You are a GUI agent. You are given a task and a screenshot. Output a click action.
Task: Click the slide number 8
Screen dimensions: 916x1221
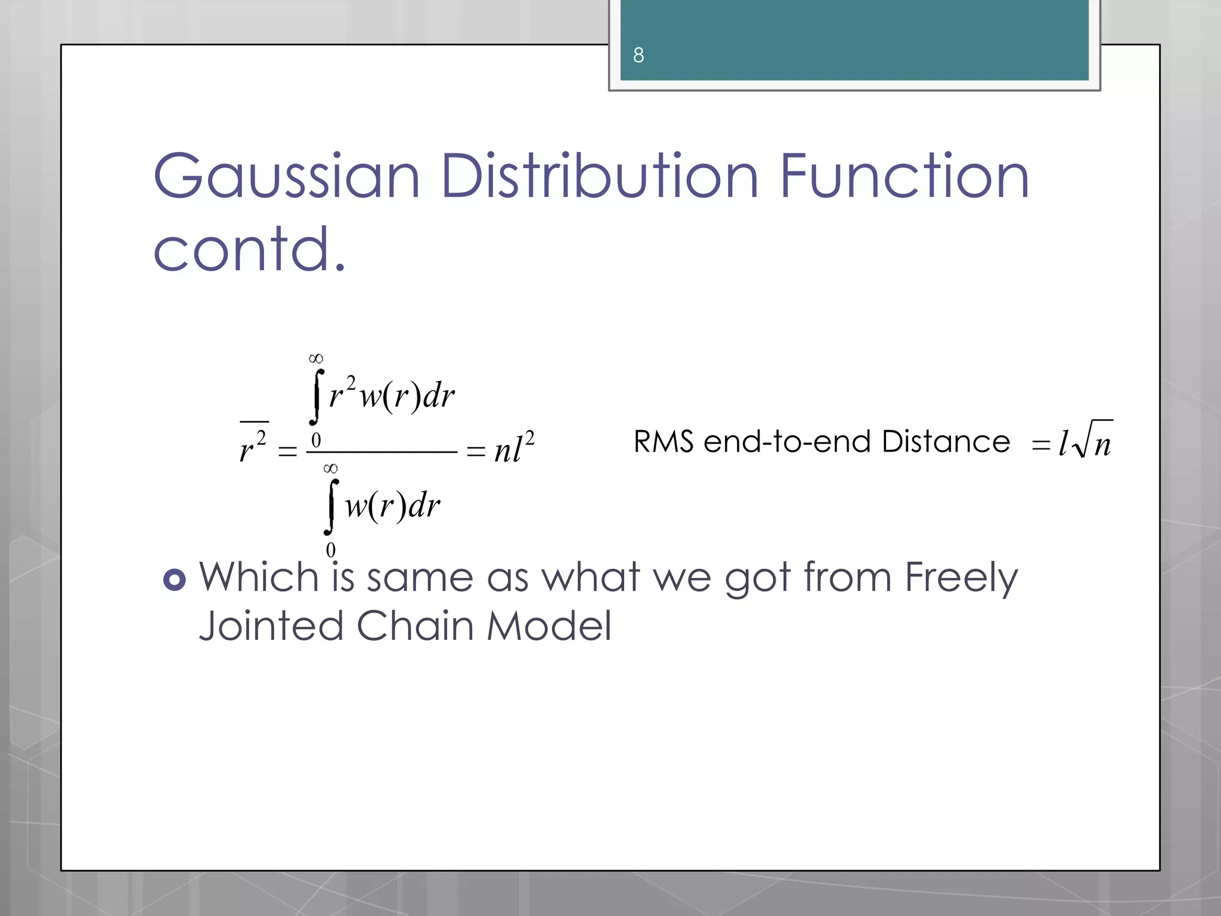[x=639, y=55]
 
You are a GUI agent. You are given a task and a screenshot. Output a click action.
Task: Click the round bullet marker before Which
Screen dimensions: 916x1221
[x=174, y=580]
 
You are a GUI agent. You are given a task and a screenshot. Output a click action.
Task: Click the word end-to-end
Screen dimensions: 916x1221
[x=788, y=442]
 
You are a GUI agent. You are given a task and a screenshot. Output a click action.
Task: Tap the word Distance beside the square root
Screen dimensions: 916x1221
[x=946, y=442]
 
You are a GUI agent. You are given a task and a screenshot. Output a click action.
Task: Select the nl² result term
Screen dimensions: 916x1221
[x=514, y=448]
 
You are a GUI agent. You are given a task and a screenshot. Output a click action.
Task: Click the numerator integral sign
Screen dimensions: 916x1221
[x=317, y=397]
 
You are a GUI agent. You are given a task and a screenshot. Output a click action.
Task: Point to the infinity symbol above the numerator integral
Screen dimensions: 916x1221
[x=316, y=358]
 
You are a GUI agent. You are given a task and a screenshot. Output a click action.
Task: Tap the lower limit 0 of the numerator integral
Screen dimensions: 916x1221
[x=316, y=441]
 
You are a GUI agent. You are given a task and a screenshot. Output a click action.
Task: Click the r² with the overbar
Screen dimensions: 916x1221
[x=253, y=446]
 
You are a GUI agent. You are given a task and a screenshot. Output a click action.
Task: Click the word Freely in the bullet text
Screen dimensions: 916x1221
[x=960, y=578]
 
